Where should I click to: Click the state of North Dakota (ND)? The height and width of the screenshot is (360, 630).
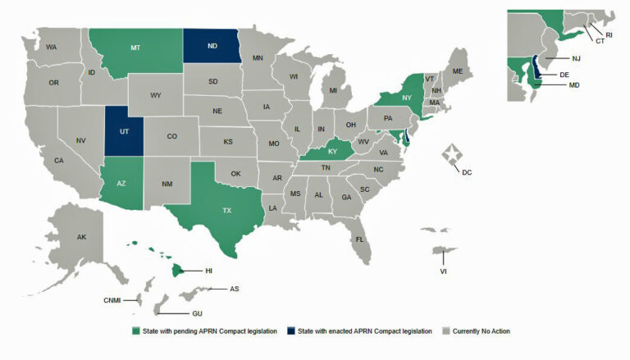tap(212, 47)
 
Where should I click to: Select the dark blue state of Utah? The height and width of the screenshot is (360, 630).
tap(124, 130)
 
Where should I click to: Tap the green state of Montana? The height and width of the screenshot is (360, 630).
tap(135, 48)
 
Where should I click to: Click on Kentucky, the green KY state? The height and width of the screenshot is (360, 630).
tap(331, 152)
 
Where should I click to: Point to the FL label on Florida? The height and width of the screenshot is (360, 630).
tap(359, 239)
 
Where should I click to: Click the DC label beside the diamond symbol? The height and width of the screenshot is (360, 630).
tap(467, 172)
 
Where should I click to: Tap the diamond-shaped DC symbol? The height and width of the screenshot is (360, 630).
tap(450, 153)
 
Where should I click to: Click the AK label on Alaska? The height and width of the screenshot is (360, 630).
tap(82, 237)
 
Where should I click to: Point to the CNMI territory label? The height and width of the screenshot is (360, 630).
tap(112, 300)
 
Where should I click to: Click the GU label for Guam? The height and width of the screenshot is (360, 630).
tap(197, 313)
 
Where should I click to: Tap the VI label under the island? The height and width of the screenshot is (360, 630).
tap(443, 270)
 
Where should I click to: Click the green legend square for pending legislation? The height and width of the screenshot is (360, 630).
tap(136, 331)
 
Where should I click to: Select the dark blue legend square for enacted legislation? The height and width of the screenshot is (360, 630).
tap(290, 331)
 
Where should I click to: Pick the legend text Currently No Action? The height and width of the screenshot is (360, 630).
tap(481, 331)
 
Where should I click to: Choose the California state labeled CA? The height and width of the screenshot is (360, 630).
tap(59, 160)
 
